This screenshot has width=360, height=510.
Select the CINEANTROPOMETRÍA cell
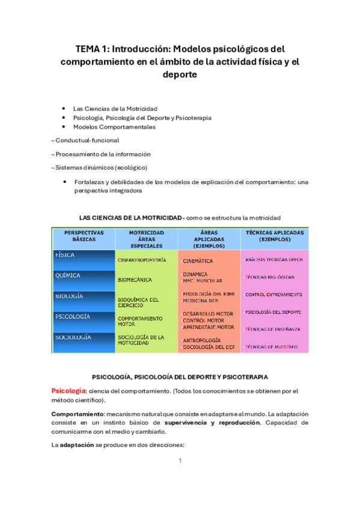(142, 260)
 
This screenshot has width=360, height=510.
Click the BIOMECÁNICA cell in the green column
(135, 280)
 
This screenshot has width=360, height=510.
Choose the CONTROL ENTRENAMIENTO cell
(273, 295)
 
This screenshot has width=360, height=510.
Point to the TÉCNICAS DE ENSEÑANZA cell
(273, 329)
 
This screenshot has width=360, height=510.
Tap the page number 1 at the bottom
(180, 461)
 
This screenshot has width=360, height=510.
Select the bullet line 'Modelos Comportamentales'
(114, 127)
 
